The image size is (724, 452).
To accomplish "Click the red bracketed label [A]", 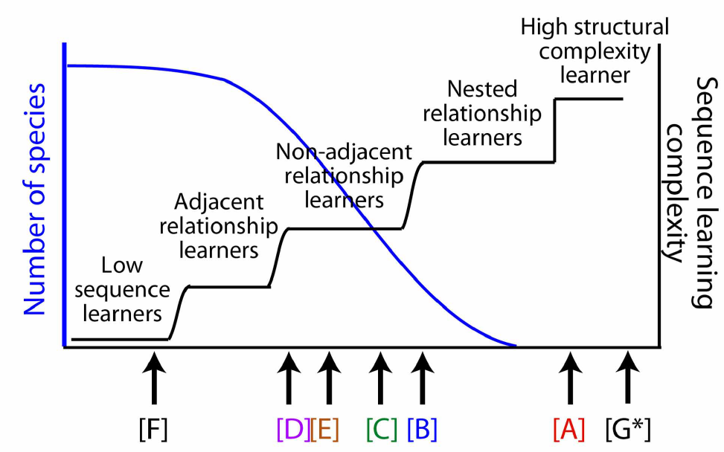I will [569, 430].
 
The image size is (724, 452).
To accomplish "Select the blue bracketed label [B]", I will [422, 430].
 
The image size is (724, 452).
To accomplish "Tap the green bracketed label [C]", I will [381, 430].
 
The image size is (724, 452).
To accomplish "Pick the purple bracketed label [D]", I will [292, 430].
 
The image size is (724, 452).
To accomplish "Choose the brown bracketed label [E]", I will [325, 430].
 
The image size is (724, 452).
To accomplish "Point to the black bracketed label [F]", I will [154, 430].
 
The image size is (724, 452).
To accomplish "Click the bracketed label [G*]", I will [630, 430].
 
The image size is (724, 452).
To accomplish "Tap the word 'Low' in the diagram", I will [121, 265].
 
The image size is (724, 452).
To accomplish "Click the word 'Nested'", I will [482, 90].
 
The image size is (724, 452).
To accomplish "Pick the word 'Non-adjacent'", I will [343, 153].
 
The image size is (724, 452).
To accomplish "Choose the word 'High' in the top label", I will [542, 28].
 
